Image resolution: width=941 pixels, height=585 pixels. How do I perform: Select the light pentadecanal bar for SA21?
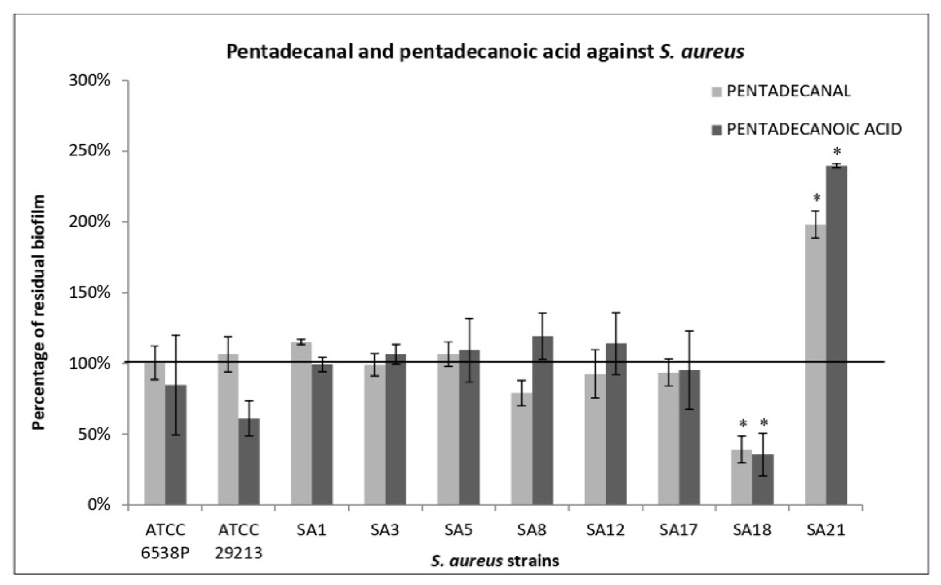(815, 364)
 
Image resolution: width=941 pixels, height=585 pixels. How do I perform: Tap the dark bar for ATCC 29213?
(249, 462)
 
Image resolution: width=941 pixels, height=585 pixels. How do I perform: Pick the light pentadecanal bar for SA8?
(521, 449)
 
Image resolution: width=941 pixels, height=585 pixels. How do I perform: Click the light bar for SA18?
(741, 478)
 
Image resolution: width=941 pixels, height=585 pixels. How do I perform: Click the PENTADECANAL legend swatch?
(717, 92)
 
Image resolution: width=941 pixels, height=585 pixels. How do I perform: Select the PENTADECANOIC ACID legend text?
(814, 129)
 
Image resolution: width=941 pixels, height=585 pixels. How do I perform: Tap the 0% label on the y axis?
(98, 505)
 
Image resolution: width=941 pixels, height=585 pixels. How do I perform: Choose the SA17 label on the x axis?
(678, 530)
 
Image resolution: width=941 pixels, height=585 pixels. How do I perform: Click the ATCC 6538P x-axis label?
(165, 541)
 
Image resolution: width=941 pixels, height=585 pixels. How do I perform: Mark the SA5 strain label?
(458, 530)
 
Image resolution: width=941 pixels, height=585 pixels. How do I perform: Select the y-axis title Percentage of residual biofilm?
(39, 312)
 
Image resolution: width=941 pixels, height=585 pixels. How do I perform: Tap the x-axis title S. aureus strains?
(495, 561)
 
